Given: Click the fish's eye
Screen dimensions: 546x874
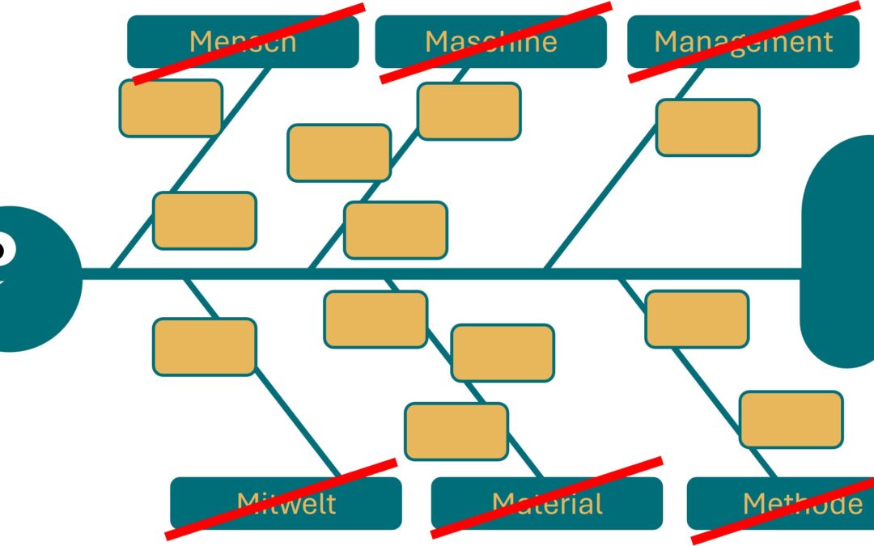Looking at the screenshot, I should pyautogui.click(x=4, y=250).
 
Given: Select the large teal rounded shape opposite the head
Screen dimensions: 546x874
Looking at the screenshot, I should pyautogui.click(x=842, y=251).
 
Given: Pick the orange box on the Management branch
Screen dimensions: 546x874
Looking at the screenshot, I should pyautogui.click(x=707, y=127).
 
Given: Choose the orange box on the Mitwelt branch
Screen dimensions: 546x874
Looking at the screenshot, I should pyautogui.click(x=205, y=347).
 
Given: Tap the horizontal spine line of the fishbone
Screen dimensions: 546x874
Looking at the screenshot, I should pyautogui.click(x=486, y=273).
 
